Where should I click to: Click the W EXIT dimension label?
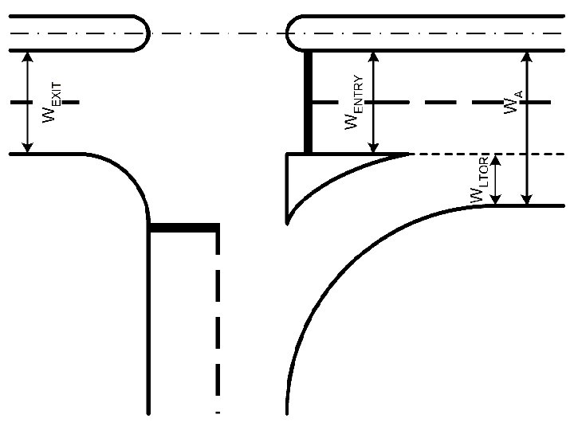point(50,102)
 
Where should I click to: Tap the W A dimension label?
point(514,103)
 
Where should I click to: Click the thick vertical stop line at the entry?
point(309,102)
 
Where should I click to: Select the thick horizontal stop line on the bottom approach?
point(183,229)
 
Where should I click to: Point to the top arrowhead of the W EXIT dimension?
point(28,57)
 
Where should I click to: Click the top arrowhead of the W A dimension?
point(526,57)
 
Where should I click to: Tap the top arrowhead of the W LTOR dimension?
point(496,159)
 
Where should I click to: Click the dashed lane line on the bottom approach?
point(218,319)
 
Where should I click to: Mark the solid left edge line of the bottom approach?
point(149,334)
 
